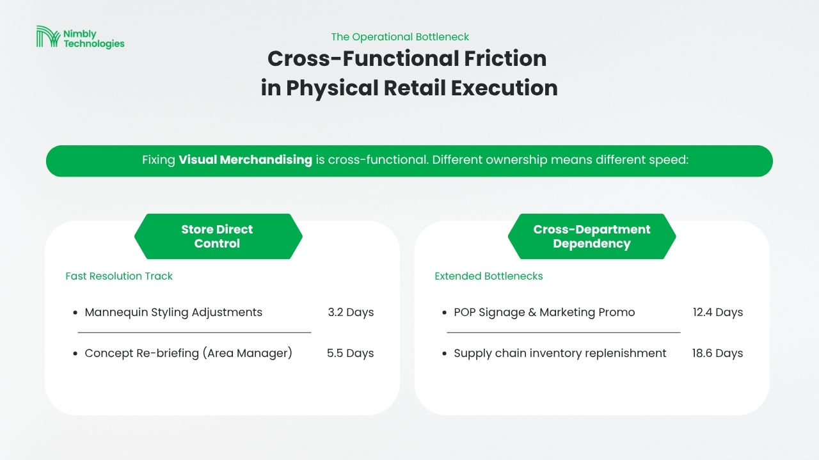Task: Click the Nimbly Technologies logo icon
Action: point(48,36)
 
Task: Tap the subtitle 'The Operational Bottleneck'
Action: point(400,37)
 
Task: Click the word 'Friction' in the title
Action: point(505,58)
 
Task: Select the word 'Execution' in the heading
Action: point(504,88)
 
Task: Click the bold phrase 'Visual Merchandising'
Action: point(245,160)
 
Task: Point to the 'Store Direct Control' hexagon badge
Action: point(218,236)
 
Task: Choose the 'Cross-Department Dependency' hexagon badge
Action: point(592,236)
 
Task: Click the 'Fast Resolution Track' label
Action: point(119,276)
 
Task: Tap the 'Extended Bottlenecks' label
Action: point(488,276)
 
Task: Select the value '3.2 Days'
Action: point(351,312)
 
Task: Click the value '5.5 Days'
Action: point(350,353)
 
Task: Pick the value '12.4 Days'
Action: point(718,312)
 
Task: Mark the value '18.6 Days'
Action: point(717,353)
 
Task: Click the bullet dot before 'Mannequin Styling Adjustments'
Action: point(76,313)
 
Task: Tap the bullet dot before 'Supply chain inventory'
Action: point(445,354)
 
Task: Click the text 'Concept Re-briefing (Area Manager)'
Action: point(188,353)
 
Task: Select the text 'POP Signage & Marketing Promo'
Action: point(544,312)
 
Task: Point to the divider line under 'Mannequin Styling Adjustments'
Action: point(195,333)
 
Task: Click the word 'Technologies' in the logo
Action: point(94,44)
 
